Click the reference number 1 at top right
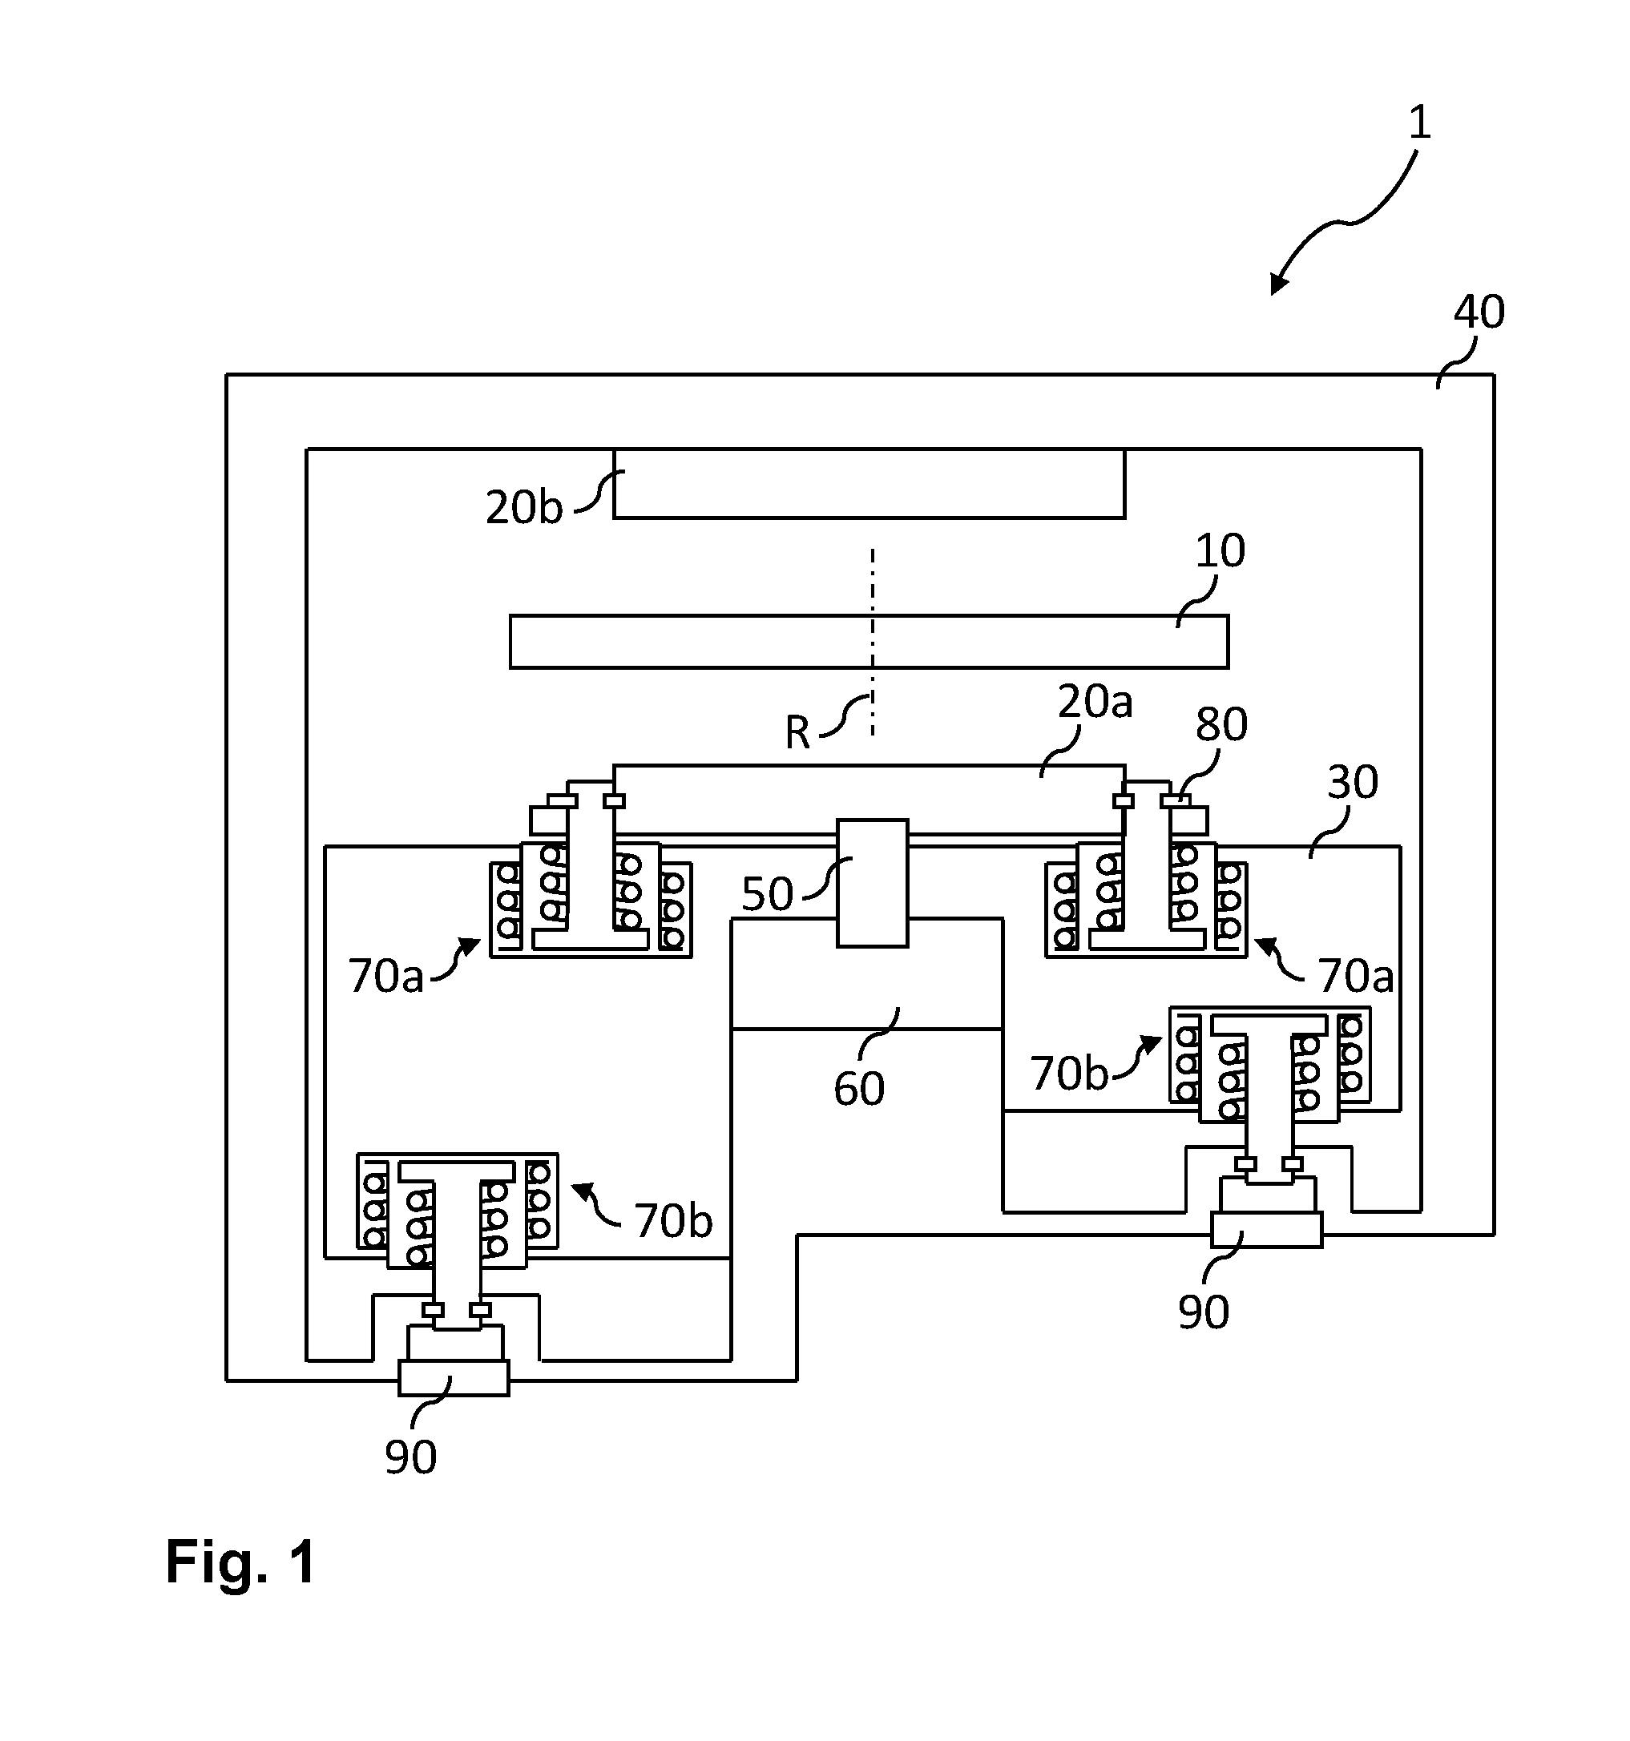point(1420,123)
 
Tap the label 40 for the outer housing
point(1479,312)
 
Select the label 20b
point(524,508)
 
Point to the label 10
point(1220,551)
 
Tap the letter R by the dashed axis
point(797,733)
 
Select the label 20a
point(1095,702)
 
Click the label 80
point(1222,724)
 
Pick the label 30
point(1353,782)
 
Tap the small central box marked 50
point(873,883)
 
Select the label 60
point(859,1089)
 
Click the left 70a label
point(385,976)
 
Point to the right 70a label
point(1356,976)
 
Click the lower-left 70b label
point(673,1221)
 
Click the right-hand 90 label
point(1204,1312)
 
